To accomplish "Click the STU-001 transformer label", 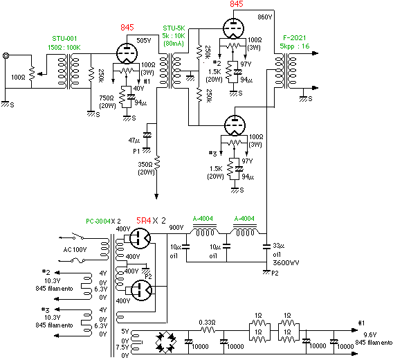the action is point(64,38).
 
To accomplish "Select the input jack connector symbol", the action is point(6,55).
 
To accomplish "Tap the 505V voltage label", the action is point(144,41).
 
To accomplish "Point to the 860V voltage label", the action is point(265,17).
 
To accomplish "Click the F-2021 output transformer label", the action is point(295,38).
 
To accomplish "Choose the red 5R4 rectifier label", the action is point(144,221).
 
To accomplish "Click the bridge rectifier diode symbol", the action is point(165,342).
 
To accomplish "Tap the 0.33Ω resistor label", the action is point(208,322).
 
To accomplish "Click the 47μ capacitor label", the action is point(134,141).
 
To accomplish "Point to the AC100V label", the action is point(75,250).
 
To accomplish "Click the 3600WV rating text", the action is point(286,262).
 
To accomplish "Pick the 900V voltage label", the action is point(176,228).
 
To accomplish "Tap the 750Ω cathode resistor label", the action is point(107,98).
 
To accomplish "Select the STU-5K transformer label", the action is point(174,28).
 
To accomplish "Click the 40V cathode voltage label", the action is point(138,89).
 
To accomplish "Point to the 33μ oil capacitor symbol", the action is point(266,246).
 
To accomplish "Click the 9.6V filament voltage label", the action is point(370,335).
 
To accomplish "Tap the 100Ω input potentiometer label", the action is point(18,78).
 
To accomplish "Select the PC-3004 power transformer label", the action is point(98,222).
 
